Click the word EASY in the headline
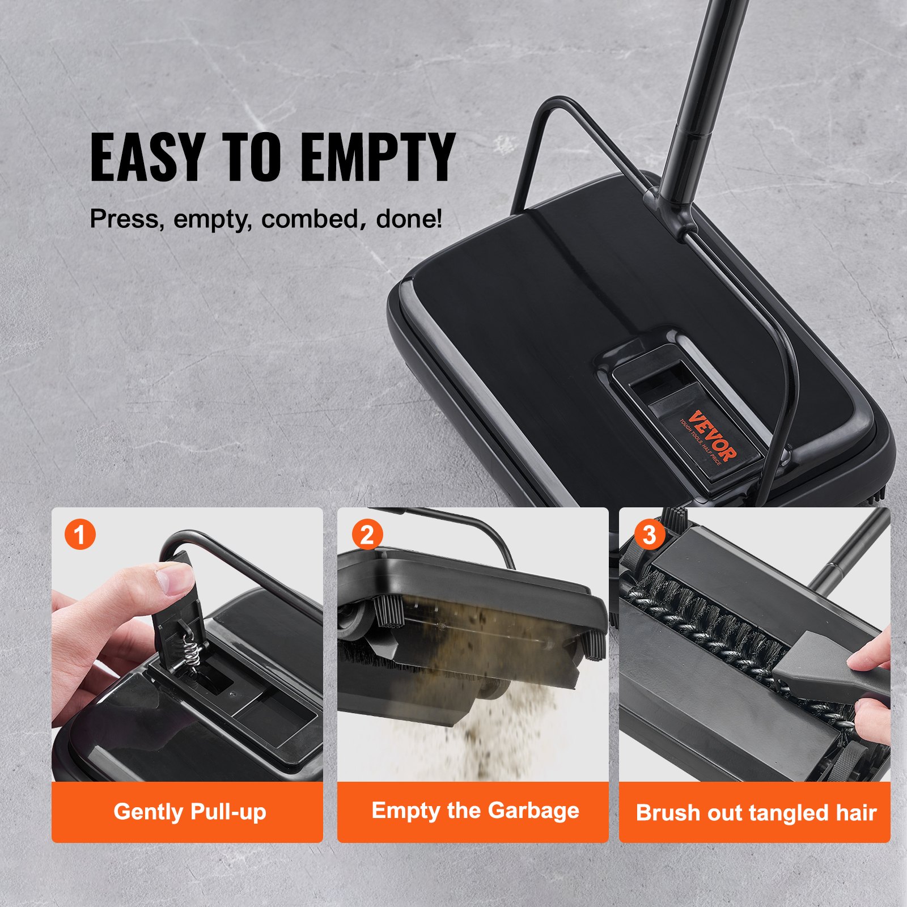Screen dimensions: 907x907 coord(146,157)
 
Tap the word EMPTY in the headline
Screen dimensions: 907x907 coord(377,157)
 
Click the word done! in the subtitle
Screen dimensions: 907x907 coord(409,219)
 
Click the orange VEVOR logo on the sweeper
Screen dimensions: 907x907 coord(713,436)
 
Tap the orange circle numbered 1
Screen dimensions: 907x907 coord(80,535)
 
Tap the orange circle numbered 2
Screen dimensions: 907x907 coord(367,535)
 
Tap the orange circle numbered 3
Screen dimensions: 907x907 coord(649,535)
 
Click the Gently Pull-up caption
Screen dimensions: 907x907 coord(189,812)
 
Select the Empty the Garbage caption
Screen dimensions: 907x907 coord(475,811)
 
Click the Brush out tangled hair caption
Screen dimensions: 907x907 coord(756,813)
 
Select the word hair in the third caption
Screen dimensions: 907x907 coord(855,813)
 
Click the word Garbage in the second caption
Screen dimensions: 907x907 coord(533,811)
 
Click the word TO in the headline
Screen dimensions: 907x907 coord(251,157)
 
